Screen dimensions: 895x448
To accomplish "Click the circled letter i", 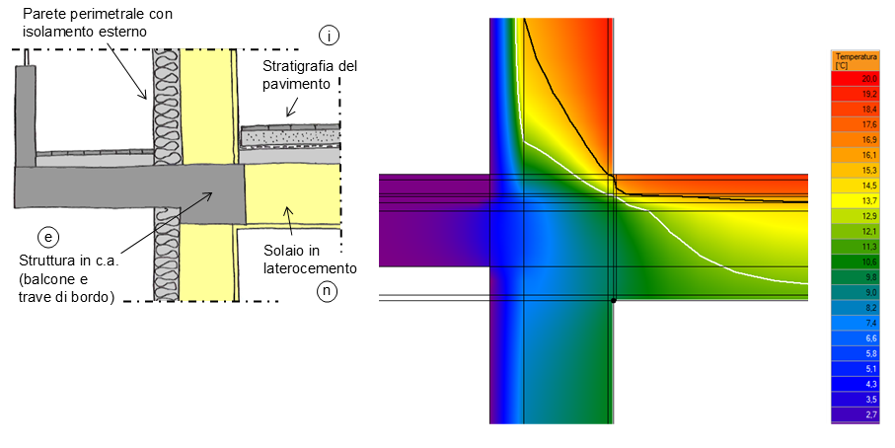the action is (x=329, y=36).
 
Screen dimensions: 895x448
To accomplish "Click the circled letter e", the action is (x=48, y=236).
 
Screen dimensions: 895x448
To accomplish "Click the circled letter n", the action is (x=327, y=291).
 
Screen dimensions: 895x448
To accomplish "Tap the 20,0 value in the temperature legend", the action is (x=869, y=79).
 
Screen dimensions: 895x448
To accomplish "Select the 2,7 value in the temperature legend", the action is (x=871, y=414).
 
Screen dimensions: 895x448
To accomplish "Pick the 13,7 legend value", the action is (x=869, y=201).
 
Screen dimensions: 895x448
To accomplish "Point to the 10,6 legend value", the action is (x=869, y=261).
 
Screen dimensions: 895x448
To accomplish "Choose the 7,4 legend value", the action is (x=871, y=323).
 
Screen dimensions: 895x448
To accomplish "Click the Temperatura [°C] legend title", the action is (x=856, y=61).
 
